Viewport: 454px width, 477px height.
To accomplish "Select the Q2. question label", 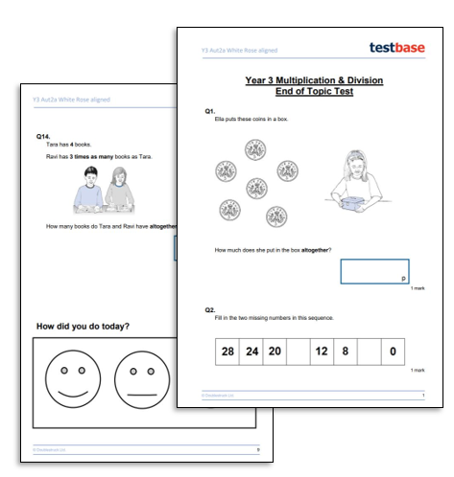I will click(x=210, y=311).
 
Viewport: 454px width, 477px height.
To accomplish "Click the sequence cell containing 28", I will click(x=228, y=352).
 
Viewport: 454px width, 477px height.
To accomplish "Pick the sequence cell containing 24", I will click(x=251, y=352).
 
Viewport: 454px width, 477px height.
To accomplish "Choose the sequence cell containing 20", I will click(x=275, y=352).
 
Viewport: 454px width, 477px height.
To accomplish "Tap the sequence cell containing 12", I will click(x=322, y=352).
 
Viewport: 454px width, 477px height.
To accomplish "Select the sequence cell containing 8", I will click(x=345, y=352).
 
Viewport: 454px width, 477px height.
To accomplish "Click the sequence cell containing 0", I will click(x=392, y=352).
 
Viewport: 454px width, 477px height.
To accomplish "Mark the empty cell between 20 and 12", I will click(x=298, y=352).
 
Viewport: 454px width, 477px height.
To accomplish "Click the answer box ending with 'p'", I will click(x=374, y=271).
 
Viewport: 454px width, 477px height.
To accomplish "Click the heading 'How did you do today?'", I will click(x=83, y=327).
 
